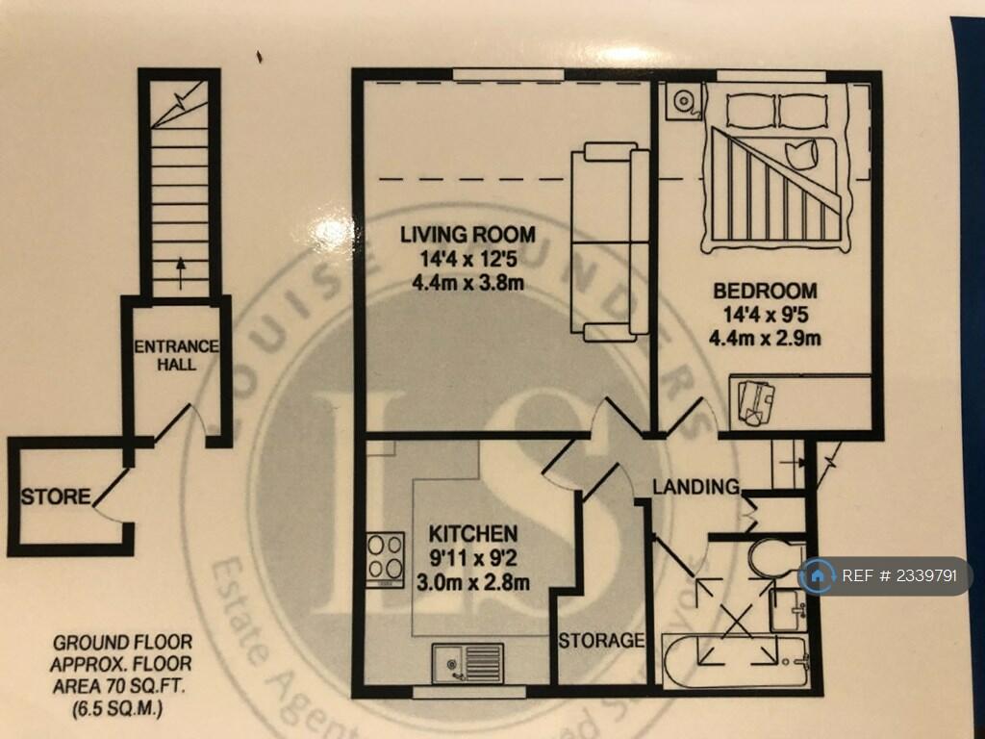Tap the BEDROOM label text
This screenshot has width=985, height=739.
[x=764, y=291]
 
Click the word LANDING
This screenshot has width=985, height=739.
[x=695, y=487]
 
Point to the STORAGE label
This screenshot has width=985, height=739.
[x=601, y=640]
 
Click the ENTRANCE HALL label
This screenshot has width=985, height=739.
[x=177, y=355]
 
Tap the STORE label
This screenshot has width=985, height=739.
[x=57, y=497]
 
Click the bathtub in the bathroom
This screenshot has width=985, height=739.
[x=736, y=662]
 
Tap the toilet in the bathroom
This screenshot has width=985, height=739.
[x=775, y=557]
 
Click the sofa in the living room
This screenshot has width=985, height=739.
[x=608, y=241]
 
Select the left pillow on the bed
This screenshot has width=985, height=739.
[x=750, y=111]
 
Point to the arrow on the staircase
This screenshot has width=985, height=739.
[x=179, y=274]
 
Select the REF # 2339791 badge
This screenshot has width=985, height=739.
[x=885, y=576]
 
